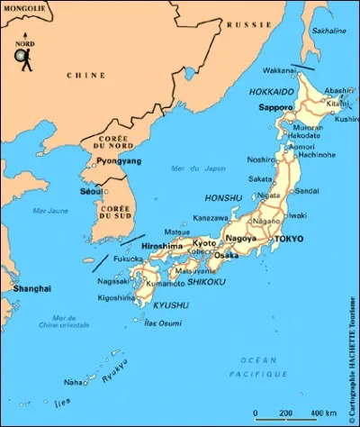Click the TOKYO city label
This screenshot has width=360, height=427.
tap(289, 239)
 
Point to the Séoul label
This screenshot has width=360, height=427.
tap(90, 191)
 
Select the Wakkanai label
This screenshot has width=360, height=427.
tap(279, 69)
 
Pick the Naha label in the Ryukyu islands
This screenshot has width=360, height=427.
tap(73, 381)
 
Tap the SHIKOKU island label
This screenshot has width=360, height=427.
tap(206, 282)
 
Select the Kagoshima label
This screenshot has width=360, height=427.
tap(116, 297)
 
